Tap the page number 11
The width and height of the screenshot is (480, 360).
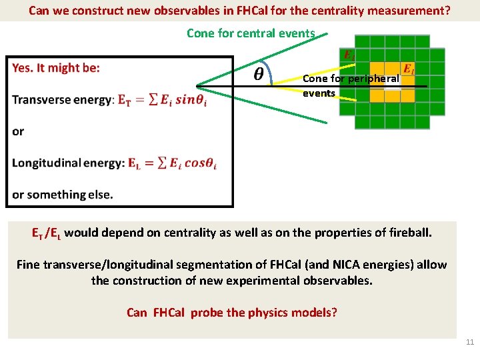(x=469, y=342)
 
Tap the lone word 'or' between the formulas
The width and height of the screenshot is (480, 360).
(x=18, y=131)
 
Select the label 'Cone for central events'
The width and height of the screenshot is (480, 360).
(x=251, y=33)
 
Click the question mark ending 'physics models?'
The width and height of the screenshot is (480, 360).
(x=334, y=313)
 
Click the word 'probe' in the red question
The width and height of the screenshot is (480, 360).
(x=206, y=313)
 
